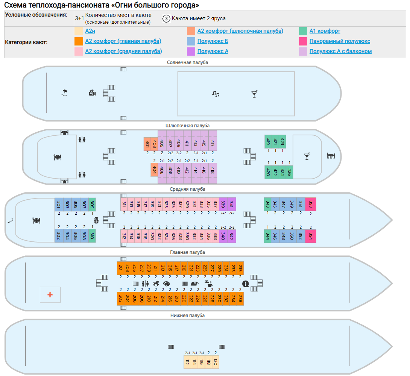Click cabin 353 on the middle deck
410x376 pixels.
(x=311, y=204)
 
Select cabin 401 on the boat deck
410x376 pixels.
(x=147, y=144)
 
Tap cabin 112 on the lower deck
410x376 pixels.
(x=187, y=362)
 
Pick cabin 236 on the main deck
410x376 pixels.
(x=240, y=299)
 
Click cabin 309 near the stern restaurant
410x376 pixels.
(x=92, y=204)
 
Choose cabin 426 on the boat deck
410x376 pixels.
(x=289, y=172)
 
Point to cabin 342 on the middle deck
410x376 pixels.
(x=231, y=236)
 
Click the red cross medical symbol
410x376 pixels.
(x=50, y=295)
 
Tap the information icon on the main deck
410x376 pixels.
(x=246, y=284)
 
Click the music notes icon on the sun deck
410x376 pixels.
(x=216, y=94)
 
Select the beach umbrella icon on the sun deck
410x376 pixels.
(x=65, y=92)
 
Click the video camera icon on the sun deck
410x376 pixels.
(x=92, y=92)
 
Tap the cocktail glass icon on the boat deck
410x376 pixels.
(x=307, y=156)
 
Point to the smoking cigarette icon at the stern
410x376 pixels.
(x=11, y=221)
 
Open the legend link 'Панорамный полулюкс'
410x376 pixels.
(x=340, y=41)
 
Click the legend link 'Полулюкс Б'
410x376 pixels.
(x=213, y=41)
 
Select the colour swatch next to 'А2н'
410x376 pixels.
(x=79, y=31)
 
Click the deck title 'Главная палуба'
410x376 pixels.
(x=187, y=252)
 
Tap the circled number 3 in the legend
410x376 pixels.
(x=166, y=18)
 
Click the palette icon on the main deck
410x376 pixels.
(x=166, y=284)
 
